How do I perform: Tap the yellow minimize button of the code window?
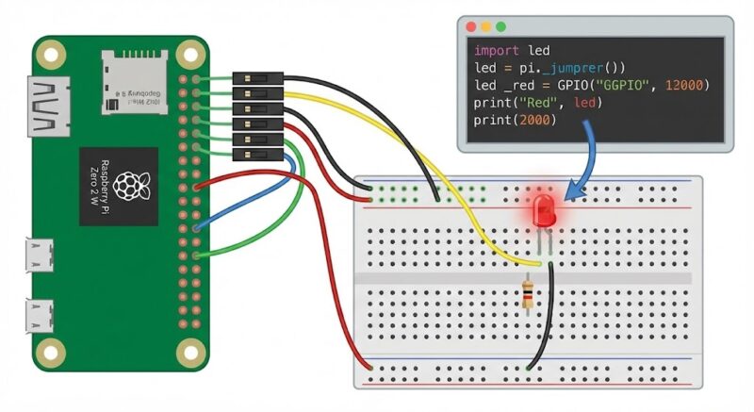click(x=484, y=27)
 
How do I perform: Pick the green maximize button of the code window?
click(x=500, y=27)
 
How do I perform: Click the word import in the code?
click(x=496, y=51)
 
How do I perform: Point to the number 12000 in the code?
click(x=687, y=86)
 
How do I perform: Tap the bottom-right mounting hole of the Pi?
click(x=191, y=353)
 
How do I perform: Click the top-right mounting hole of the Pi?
click(x=191, y=56)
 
